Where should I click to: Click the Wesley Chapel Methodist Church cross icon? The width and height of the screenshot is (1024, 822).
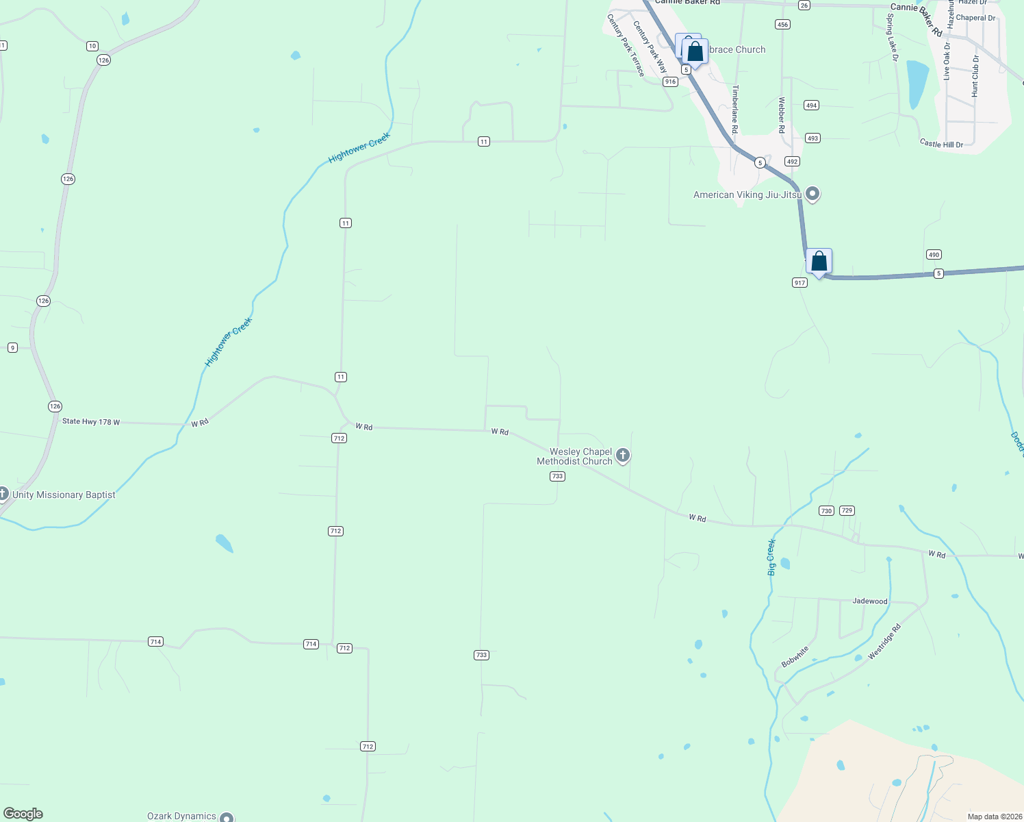[622, 455]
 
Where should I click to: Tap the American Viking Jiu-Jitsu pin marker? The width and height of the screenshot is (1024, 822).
[812, 194]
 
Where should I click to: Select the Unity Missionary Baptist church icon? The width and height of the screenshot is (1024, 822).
[3, 493]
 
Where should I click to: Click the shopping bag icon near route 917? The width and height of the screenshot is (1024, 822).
[819, 262]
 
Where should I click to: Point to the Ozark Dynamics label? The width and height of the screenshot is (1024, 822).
[181, 816]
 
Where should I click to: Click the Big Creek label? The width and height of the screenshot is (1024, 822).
[771, 557]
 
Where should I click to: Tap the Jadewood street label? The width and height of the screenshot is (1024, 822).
[869, 601]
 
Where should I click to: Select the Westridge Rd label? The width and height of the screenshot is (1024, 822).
[884, 642]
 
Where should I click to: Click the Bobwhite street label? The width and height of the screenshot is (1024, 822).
[795, 656]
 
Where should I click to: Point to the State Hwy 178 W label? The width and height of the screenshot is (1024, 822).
[91, 421]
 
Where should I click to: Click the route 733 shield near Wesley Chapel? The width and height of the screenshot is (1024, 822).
[557, 476]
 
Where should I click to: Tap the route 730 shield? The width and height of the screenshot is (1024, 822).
[826, 510]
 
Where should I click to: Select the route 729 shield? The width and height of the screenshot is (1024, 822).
[847, 510]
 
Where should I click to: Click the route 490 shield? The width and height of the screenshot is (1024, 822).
[934, 255]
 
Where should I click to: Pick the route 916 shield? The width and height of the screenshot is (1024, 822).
[670, 82]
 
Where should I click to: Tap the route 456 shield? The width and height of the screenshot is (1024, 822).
[782, 25]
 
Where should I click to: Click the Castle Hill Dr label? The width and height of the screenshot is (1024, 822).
[941, 144]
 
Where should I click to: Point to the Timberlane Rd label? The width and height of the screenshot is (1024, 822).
[735, 109]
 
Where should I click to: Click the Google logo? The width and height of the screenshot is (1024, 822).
[23, 814]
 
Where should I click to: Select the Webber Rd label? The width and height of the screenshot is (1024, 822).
[781, 110]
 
